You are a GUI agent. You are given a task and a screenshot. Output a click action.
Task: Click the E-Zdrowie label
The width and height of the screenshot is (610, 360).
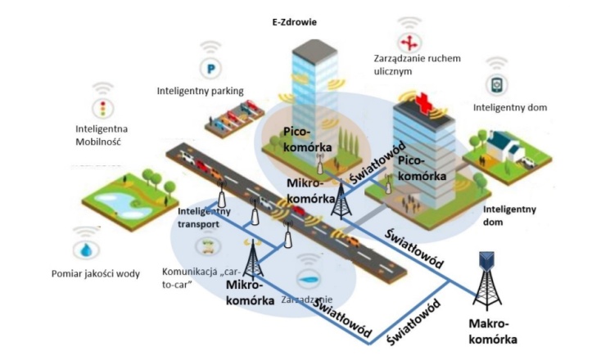(296, 23)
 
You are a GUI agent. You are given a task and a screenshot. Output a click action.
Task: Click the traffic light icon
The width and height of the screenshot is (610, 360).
(103, 108)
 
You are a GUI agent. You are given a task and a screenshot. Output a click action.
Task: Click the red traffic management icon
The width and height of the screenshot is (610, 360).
(407, 43)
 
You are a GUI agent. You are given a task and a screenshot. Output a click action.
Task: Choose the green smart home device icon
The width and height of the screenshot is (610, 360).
(497, 85)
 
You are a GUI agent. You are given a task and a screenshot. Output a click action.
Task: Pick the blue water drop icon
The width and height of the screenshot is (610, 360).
(84, 249)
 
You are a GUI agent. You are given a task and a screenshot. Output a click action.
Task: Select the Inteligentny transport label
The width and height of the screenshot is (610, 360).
(205, 217)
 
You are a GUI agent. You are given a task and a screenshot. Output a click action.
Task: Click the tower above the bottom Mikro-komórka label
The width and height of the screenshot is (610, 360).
(254, 260)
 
